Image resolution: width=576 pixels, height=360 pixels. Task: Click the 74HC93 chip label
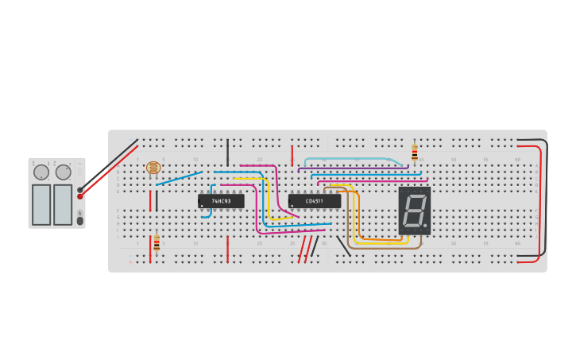click(221, 201)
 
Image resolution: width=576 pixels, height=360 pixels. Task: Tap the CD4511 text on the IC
click(315, 201)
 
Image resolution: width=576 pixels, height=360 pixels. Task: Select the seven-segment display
click(415, 211)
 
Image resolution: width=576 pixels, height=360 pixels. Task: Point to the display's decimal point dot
click(426, 226)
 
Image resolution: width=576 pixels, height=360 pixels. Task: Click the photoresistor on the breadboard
click(153, 168)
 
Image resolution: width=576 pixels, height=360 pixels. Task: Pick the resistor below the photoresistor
click(157, 242)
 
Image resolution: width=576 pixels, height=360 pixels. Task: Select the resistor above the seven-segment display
click(414, 153)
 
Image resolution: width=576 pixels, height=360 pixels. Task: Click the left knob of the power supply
click(41, 172)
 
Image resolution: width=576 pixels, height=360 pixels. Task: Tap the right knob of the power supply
click(63, 172)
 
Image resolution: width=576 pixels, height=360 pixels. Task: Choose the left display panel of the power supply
click(41, 204)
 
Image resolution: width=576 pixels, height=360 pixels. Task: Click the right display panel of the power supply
click(63, 204)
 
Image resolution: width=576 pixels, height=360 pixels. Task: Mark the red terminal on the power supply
click(80, 196)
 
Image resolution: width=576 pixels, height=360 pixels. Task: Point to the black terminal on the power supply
click(80, 190)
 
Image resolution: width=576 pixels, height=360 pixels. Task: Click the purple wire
click(350, 168)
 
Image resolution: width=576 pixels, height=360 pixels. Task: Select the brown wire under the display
click(381, 248)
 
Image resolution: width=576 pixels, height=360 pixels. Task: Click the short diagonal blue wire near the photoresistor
click(179, 178)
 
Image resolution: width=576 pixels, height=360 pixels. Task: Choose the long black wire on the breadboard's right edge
click(546, 199)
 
